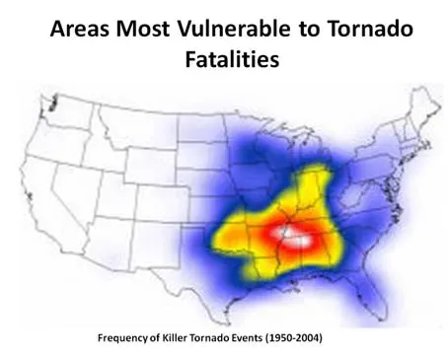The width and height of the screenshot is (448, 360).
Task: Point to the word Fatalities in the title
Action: (x=225, y=58)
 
